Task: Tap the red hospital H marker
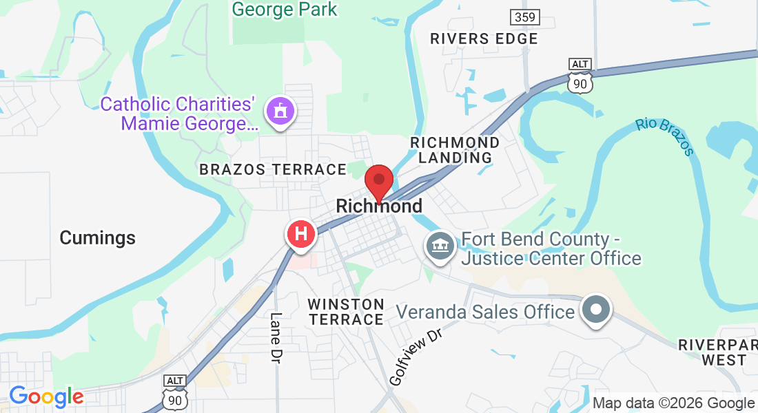pos(301,233)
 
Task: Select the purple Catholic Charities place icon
pos(280,111)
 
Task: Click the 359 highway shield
pos(526,17)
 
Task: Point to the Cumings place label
pos(97,238)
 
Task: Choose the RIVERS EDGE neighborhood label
pos(484,39)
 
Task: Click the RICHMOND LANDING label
pos(455,149)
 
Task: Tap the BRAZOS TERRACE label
pos(273,169)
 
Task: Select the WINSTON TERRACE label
pos(346,311)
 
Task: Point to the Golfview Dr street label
pos(415,357)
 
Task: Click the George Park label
pos(285,10)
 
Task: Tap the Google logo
pos(46,396)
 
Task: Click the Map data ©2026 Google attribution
pos(673,403)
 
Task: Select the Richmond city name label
pos(379,206)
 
